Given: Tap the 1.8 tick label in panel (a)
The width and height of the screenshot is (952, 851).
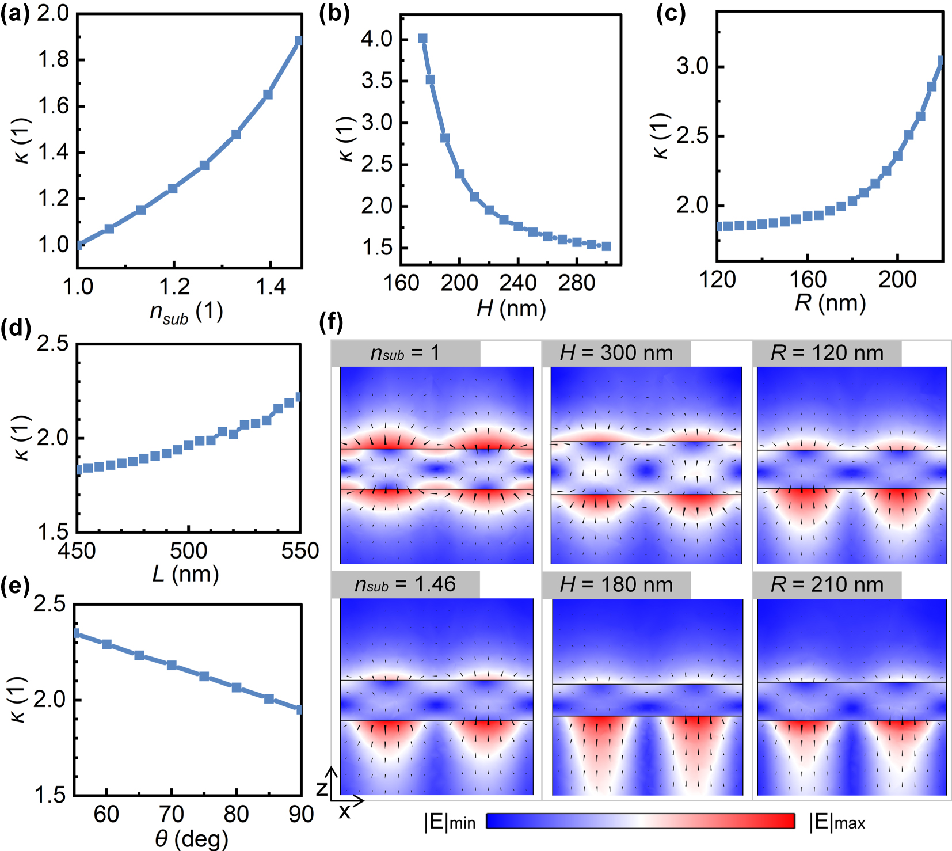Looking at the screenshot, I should pos(53,60).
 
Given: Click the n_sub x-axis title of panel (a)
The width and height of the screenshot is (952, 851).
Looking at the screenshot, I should pos(186,312).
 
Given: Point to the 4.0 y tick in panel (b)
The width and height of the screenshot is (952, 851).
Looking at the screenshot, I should pos(376,39).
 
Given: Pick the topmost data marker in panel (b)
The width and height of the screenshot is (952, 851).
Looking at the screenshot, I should pos(422,39).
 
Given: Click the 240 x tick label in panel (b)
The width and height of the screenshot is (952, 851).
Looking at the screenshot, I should pos(518,283).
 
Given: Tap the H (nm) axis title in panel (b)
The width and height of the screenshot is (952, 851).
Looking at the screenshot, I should pos(511,309).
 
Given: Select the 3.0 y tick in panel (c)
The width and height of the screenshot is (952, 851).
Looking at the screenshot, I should pos(692,66).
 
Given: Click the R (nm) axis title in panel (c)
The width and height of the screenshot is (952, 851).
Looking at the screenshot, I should pos(830,303).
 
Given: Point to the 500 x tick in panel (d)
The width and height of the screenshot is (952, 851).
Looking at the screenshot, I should pos(188,551).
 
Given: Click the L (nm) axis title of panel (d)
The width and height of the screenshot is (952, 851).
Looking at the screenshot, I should pos(185,574).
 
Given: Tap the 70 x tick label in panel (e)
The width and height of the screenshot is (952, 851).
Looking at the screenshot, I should pos(172,814).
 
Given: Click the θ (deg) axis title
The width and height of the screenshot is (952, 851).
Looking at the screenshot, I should pos(191,839).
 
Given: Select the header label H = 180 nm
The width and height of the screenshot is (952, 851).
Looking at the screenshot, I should pos(616,585).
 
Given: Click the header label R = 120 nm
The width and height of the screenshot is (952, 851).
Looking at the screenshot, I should pos(827,353).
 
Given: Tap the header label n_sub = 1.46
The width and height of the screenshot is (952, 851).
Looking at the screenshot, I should pos(405,585).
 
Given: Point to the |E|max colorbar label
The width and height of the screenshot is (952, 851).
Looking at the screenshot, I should pos(837,822).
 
